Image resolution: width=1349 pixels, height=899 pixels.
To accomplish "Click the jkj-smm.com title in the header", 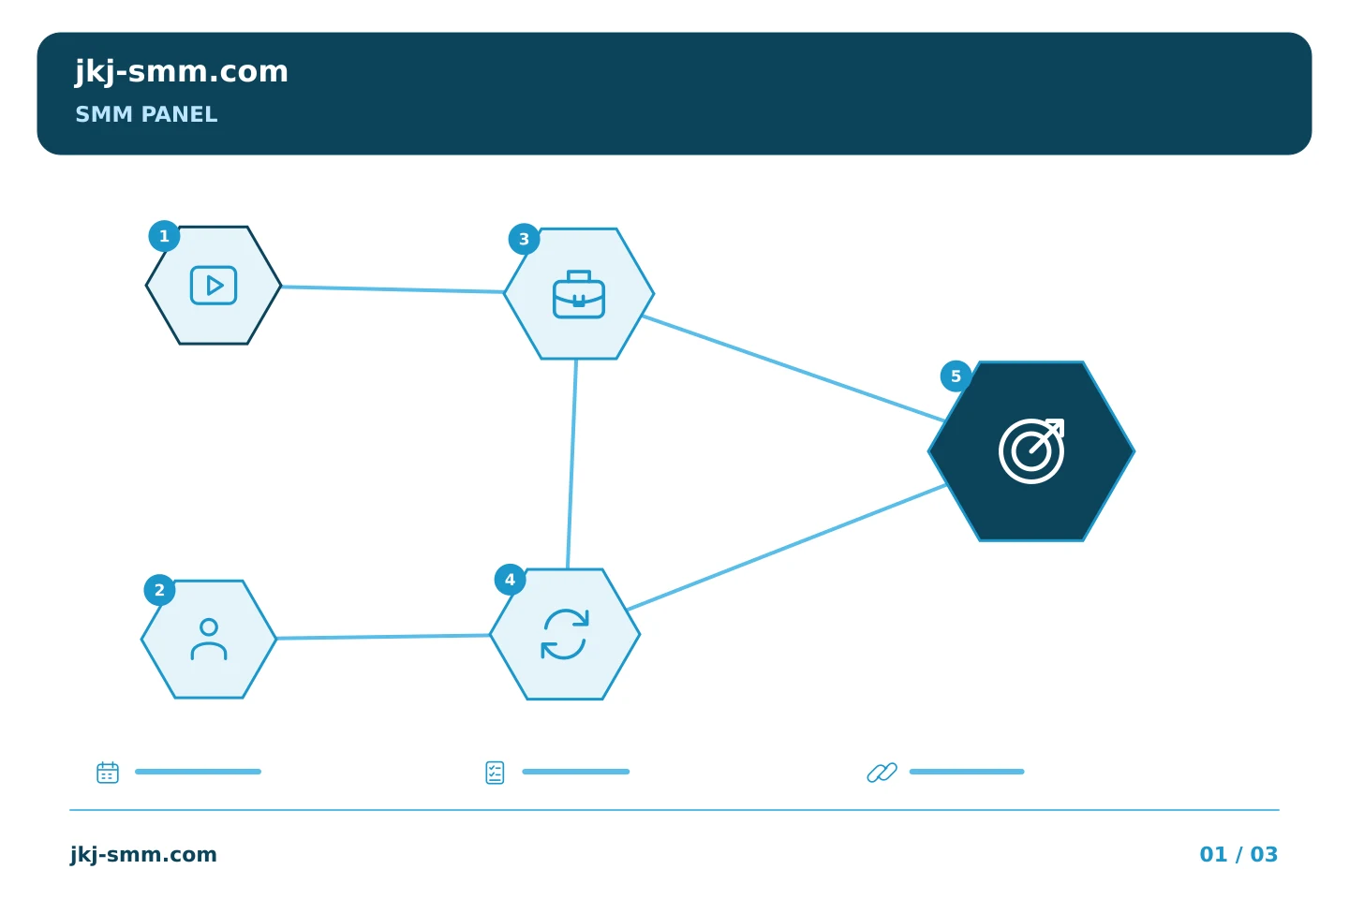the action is click(182, 72).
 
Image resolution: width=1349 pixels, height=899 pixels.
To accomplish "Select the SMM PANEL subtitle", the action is click(146, 114).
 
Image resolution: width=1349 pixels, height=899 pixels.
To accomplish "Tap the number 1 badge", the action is click(164, 236).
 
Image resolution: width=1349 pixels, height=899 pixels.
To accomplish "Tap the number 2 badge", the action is click(159, 590).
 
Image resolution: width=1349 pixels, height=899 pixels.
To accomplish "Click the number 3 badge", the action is click(524, 239).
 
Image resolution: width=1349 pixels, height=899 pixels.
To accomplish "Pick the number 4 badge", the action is click(510, 580).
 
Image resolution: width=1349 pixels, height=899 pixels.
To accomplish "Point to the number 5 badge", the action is click(956, 376).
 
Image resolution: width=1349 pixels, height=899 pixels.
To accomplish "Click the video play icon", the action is click(214, 286).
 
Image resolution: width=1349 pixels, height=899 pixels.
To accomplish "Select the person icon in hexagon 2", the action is click(209, 640).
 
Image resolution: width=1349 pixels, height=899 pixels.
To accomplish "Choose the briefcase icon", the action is click(579, 294).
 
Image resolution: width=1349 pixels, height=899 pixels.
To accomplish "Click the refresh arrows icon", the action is click(565, 634).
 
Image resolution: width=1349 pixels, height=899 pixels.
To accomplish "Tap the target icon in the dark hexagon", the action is click(1031, 451).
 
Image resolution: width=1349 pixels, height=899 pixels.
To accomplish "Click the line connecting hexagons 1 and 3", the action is click(393, 289).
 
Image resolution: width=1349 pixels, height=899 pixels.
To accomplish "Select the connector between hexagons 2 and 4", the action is click(383, 637).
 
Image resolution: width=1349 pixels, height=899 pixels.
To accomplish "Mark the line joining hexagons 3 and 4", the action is click(572, 464).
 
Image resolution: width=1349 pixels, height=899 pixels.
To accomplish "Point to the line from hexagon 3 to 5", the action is click(793, 368).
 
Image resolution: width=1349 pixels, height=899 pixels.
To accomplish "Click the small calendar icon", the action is click(108, 772).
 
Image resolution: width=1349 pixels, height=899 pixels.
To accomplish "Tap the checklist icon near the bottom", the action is click(495, 773).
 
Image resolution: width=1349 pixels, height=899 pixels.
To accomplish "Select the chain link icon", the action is click(882, 773).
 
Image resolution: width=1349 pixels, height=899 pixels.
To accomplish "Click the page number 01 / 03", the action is click(1238, 854).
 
